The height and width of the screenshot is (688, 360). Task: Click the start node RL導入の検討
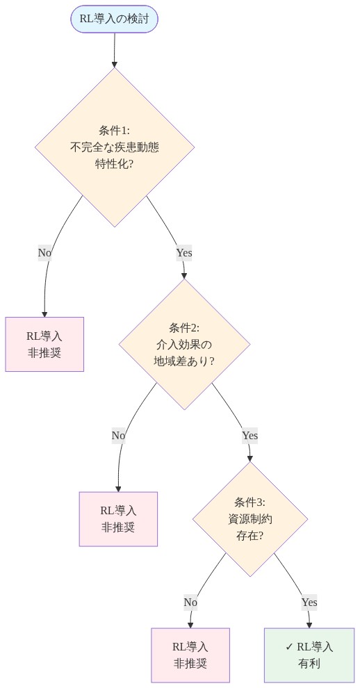pyautogui.click(x=114, y=19)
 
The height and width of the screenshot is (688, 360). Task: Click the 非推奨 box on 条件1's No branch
pyautogui.click(x=44, y=344)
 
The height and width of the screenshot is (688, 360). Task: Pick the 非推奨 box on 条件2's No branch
pyautogui.click(x=118, y=519)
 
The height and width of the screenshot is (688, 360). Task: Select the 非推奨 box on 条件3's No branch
pyautogui.click(x=190, y=655)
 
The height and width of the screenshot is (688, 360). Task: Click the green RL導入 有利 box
pyautogui.click(x=309, y=655)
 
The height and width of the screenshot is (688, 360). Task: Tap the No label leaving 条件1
pyautogui.click(x=44, y=253)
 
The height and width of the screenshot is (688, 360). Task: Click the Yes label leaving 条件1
pyautogui.click(x=184, y=253)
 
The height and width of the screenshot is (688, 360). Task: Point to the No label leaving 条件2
pyautogui.click(x=118, y=436)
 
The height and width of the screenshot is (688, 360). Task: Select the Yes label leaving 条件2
pyautogui.click(x=249, y=436)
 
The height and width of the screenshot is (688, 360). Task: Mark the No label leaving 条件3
pyautogui.click(x=190, y=602)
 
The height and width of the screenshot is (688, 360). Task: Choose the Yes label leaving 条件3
pyautogui.click(x=309, y=602)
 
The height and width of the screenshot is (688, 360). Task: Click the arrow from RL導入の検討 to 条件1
pyautogui.click(x=115, y=49)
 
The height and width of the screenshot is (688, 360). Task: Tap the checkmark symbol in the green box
pyautogui.click(x=289, y=647)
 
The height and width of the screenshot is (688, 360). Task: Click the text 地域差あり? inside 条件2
pyautogui.click(x=184, y=361)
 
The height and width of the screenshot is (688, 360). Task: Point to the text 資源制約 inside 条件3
pyautogui.click(x=250, y=519)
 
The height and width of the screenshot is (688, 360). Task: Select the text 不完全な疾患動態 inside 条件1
pyautogui.click(x=115, y=147)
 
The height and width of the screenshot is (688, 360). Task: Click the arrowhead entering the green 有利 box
pyautogui.click(x=309, y=624)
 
